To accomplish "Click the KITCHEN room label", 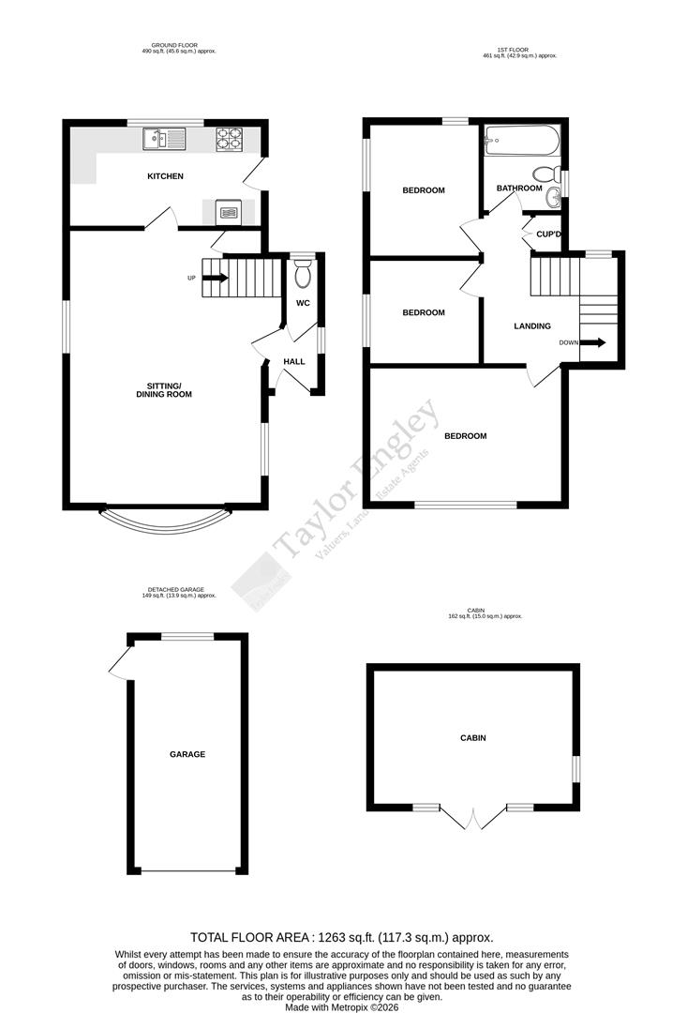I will tap(165, 176).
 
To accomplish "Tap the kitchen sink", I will tap(165, 140).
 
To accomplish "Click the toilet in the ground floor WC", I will tap(303, 274).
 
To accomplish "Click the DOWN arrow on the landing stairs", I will tap(593, 342).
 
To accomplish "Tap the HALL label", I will tap(294, 361).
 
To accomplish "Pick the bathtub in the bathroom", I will tap(521, 143).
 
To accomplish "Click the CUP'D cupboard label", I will tap(548, 234).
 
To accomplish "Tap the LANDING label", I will tap(532, 326).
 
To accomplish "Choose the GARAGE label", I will tap(187, 754).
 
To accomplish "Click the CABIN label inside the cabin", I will tap(473, 738).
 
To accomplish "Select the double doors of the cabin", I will tap(474, 819).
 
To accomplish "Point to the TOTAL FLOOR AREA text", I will tap(341, 937).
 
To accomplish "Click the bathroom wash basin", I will tap(554, 194).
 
